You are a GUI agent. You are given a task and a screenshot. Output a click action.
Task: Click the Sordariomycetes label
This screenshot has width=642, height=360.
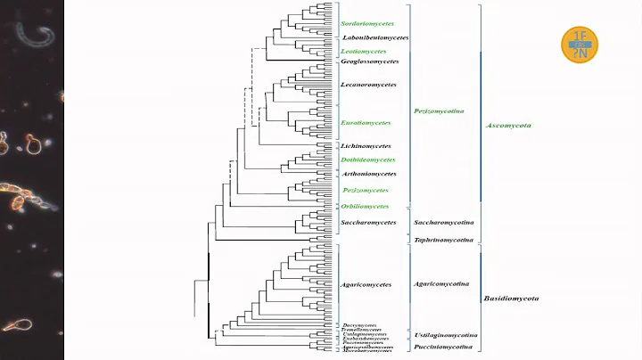[367, 24]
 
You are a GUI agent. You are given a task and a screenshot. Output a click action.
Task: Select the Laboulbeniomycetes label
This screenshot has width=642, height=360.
[374, 37]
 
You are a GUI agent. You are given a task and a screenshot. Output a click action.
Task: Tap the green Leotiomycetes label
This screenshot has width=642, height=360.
[362, 52]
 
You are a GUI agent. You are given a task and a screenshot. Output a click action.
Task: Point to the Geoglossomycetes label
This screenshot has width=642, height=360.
[368, 61]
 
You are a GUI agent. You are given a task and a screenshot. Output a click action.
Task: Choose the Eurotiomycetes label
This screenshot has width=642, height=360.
[366, 122]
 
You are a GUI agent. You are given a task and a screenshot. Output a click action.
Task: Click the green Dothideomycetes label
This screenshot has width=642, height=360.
[366, 160]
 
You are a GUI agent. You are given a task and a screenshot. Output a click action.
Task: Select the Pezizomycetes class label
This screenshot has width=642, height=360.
[365, 191]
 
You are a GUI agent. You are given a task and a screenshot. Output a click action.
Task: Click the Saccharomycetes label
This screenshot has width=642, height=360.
[368, 222]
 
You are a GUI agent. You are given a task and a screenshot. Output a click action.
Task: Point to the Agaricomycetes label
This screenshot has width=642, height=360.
[366, 285]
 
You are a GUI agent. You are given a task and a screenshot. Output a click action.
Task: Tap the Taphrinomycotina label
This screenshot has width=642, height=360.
[443, 240]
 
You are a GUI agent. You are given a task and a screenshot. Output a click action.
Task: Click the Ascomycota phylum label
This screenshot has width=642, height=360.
[508, 126]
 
